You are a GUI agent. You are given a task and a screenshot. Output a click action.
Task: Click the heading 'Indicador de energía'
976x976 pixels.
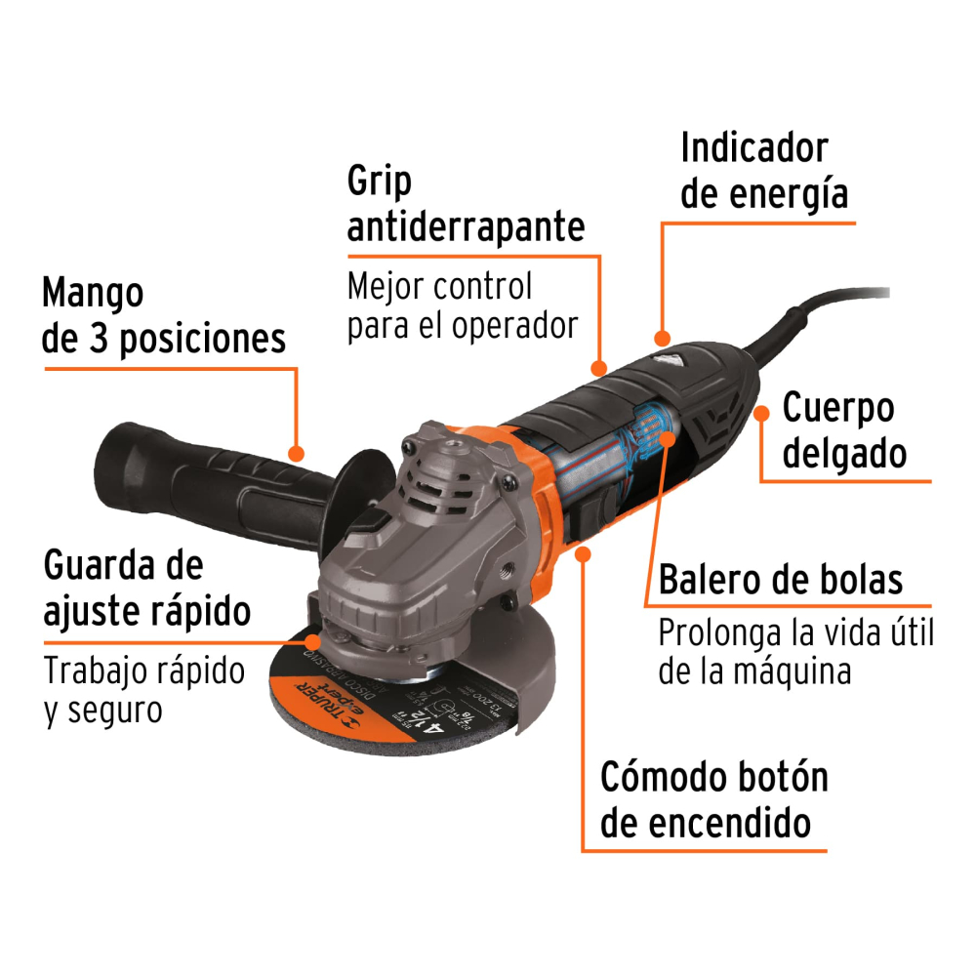coord(764,172)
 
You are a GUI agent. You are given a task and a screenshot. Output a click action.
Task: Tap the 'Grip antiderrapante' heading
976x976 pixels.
coord(466,204)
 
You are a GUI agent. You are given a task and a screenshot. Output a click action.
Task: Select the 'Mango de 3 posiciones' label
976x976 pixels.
coord(164,315)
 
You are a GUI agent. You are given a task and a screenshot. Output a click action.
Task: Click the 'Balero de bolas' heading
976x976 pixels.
coord(781,580)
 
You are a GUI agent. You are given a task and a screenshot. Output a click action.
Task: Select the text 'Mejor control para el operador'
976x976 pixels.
coord(463,305)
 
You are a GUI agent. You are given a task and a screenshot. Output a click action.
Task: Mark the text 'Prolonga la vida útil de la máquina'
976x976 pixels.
coord(795,652)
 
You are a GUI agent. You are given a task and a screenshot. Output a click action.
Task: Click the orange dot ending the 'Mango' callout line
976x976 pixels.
coord(297,453)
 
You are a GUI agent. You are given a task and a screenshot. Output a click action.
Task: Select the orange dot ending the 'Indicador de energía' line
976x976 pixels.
coord(663,339)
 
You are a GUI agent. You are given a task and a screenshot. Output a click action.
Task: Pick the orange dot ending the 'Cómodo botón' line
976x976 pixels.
coord(584,553)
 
